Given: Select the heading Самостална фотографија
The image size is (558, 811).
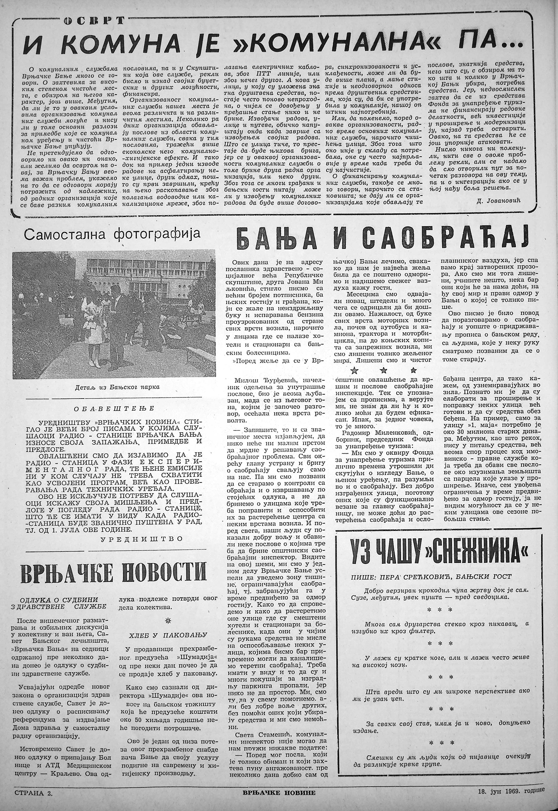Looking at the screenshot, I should coord(111,235).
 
